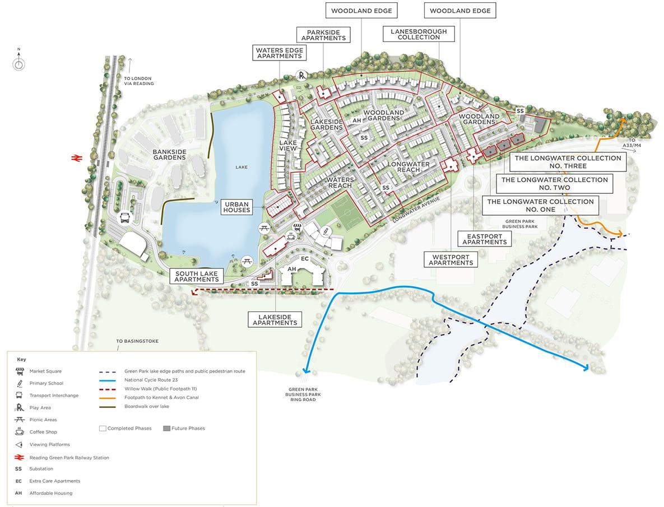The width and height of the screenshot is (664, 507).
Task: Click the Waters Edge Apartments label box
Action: (279, 53)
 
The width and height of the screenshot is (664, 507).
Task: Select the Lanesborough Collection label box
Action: (419, 34)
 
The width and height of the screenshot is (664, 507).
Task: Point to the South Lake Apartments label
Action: (196, 276)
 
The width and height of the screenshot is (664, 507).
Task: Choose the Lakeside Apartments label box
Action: (275, 319)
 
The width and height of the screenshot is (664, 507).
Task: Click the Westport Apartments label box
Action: (451, 259)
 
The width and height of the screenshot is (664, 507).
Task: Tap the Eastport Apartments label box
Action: (485, 239)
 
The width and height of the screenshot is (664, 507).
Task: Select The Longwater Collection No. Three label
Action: (568, 162)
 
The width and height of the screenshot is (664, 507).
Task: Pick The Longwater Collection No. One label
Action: (540, 205)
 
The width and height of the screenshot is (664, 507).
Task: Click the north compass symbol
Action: (18, 63)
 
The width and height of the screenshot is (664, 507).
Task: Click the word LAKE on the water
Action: (242, 167)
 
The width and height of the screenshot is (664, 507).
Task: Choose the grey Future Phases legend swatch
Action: (167, 429)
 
